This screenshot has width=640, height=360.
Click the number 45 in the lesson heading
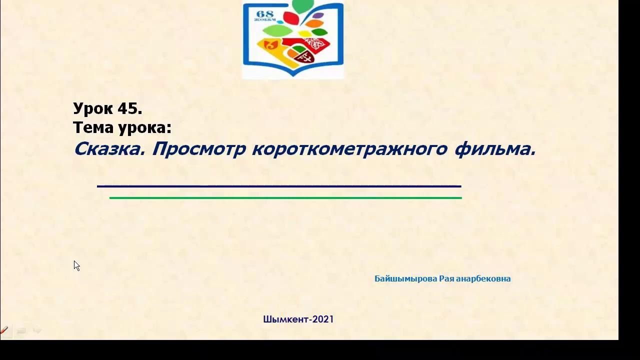click(130, 108)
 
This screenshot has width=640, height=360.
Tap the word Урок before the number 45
click(93, 108)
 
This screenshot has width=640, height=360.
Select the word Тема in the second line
click(93, 127)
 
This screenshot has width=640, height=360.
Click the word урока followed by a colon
click(144, 128)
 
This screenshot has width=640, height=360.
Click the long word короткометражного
click(349, 148)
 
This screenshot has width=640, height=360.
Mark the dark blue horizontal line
click(279, 186)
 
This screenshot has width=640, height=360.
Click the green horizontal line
click(285, 198)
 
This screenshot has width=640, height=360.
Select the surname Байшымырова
click(405, 278)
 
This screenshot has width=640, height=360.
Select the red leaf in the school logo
click(290, 18)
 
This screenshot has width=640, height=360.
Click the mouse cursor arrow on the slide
click(76, 265)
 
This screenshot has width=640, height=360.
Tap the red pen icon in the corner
click(4, 330)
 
